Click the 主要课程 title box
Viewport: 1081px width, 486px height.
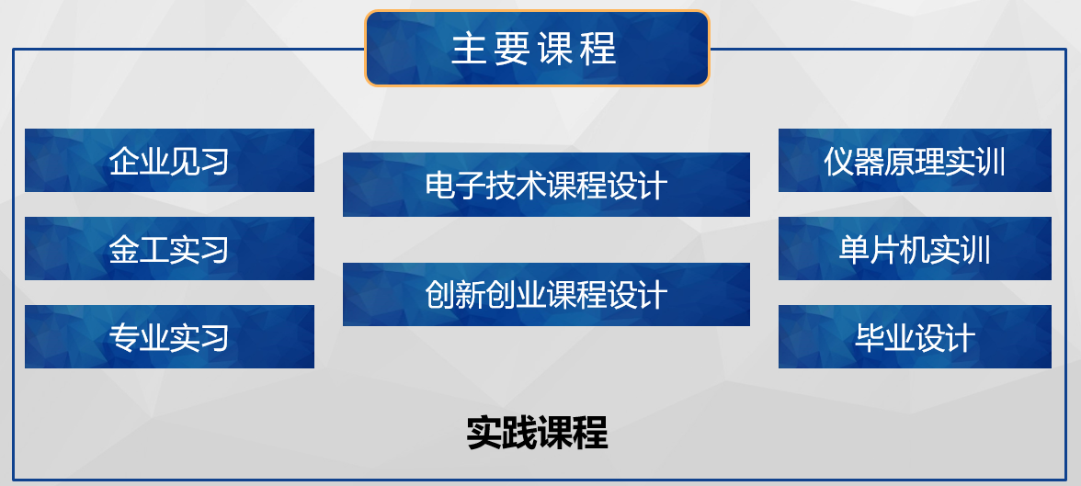[x=537, y=49]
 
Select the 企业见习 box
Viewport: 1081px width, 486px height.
[x=169, y=160]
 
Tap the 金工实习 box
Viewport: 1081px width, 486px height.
[x=169, y=248]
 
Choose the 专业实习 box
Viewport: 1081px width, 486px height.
[x=169, y=336]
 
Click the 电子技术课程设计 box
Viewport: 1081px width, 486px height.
[x=546, y=185]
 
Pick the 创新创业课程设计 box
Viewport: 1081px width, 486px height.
[x=546, y=294]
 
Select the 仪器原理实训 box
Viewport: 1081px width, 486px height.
[x=915, y=160]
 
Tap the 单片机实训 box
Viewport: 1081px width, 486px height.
[x=915, y=248]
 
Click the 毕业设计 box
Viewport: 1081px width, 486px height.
[x=915, y=336]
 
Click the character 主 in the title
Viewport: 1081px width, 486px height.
[x=469, y=49]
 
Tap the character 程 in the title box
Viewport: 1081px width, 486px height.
[x=599, y=49]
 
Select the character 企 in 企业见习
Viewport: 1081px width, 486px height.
[x=123, y=162]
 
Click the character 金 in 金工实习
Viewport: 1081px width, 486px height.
[x=123, y=250]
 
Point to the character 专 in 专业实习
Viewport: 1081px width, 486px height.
[x=123, y=338]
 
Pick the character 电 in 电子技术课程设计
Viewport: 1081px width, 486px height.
[x=439, y=186]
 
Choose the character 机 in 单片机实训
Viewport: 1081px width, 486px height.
[x=915, y=250]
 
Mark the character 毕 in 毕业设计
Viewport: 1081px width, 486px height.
[x=870, y=338]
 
